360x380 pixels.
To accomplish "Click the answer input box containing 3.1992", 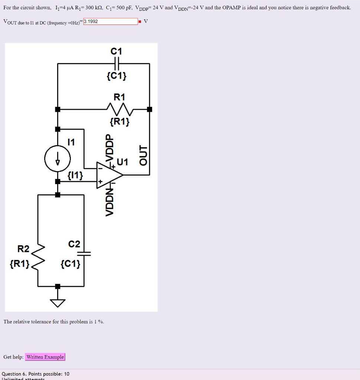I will (111, 22).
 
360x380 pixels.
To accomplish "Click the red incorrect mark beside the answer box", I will (140, 22).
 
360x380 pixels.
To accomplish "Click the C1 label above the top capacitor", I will (117, 51).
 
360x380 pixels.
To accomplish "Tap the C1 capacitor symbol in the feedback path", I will (117, 63).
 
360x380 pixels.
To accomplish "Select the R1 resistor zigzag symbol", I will (119, 109).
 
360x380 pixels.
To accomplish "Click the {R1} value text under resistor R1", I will (120, 121).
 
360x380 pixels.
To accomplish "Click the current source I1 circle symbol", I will (58, 158).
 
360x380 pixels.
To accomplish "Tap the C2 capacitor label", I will (74, 244).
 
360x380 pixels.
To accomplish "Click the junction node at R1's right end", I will (150, 109).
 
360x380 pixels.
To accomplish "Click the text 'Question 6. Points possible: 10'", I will (36, 374).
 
